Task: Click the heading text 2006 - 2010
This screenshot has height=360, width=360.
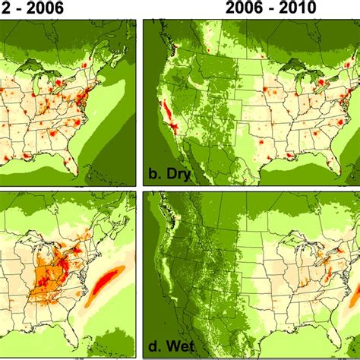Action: [x=270, y=8]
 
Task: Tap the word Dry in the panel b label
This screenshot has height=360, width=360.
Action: [x=178, y=174]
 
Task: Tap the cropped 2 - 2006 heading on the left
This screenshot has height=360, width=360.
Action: [x=32, y=8]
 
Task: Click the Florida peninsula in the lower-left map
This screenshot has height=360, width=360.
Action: [x=71, y=335]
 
